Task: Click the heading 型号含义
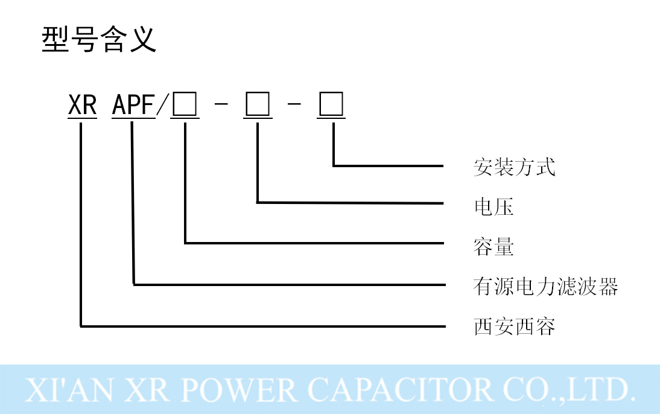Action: pos(99,40)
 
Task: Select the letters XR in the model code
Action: pos(83,106)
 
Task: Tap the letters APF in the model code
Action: pos(133,106)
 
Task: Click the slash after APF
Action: pos(162,106)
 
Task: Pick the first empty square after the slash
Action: pos(185,106)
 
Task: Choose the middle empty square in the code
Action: pos(258,106)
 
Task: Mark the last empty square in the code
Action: pos(331,106)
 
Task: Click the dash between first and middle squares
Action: pos(221,107)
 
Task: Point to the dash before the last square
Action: pos(294,107)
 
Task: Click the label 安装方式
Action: pos(514,167)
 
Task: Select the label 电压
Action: pos(493,207)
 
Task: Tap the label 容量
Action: pos(493,247)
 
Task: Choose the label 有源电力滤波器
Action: pos(545,287)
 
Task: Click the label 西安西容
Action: pos(514,326)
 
